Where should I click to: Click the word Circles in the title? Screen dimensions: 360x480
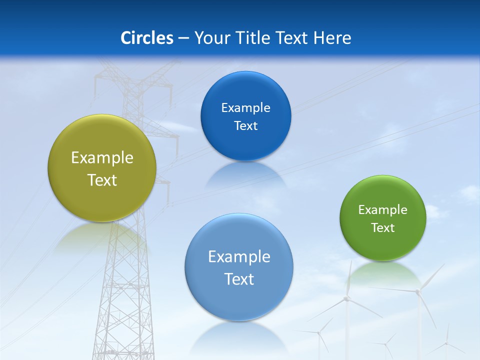pyautogui.click(x=147, y=38)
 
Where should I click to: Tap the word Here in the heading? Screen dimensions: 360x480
pyautogui.click(x=332, y=38)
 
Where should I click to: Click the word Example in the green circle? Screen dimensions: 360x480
pyautogui.click(x=383, y=210)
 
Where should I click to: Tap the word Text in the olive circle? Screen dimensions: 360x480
pyautogui.click(x=102, y=180)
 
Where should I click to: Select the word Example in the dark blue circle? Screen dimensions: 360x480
pyautogui.click(x=245, y=108)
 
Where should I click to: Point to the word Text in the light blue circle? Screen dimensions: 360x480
pyautogui.click(x=239, y=279)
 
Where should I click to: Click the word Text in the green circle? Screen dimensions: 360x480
pyautogui.click(x=383, y=228)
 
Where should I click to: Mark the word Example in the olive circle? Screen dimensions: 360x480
pyautogui.click(x=102, y=158)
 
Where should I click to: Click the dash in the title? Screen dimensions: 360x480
pyautogui.click(x=183, y=38)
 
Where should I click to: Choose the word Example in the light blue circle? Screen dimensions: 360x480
pyautogui.click(x=239, y=257)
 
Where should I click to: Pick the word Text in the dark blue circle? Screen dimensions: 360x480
pyautogui.click(x=245, y=126)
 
